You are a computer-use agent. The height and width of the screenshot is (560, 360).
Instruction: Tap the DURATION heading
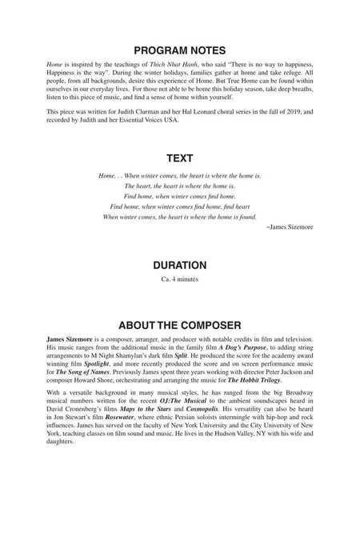coord(179,264)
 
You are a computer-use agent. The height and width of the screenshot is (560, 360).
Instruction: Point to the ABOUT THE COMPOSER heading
coord(179,326)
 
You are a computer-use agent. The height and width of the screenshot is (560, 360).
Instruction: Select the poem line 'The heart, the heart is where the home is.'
coord(179,185)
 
